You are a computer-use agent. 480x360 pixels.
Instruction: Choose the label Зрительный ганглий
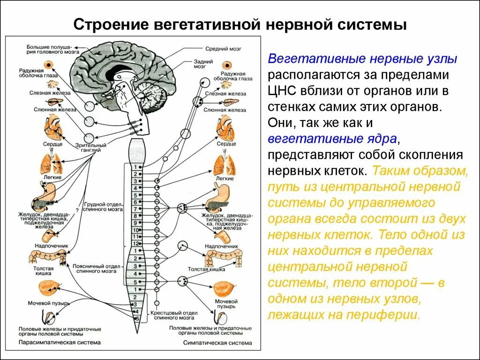[100, 148]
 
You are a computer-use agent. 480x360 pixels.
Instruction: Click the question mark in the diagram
[76, 210]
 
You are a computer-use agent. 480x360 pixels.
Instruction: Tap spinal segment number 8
[135, 216]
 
